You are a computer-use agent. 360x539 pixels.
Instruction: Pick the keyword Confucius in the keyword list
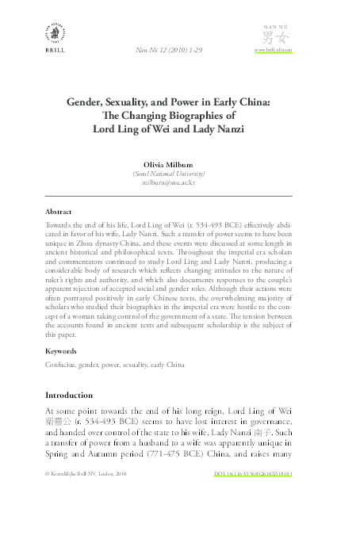click(63, 365)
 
